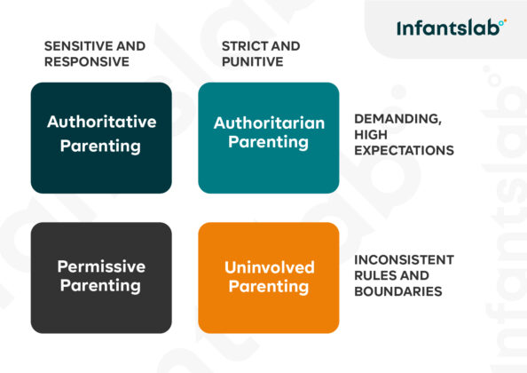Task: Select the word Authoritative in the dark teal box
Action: pos(101,122)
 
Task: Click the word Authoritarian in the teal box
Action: pos(269,123)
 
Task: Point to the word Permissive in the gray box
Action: pos(101,266)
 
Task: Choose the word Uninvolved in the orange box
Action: pos(268,267)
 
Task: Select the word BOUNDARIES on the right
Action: pos(397,290)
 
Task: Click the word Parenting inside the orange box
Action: pos(268,287)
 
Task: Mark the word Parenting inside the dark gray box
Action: pos(101,286)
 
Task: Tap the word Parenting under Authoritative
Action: pos(101,146)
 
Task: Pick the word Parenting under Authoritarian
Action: pos(268,142)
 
